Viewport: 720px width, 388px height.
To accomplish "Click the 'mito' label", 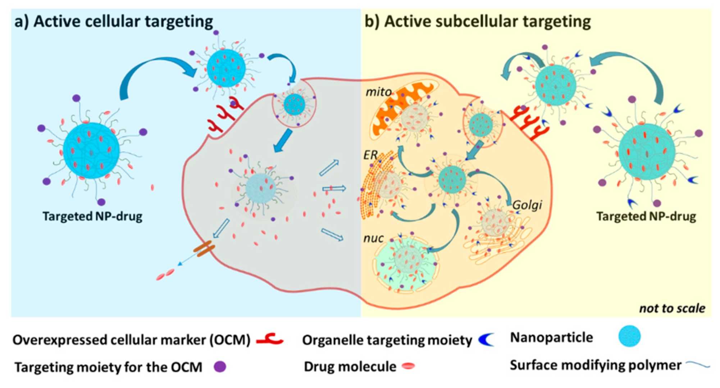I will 378,92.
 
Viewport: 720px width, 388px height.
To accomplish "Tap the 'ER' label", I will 370,155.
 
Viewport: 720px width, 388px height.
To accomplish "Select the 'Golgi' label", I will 527,205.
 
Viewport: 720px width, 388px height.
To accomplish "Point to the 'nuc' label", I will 373,238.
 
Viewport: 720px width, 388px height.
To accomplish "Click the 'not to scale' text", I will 671,308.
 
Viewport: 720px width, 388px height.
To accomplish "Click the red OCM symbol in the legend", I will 270,339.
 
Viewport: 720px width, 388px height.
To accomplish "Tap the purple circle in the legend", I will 220,367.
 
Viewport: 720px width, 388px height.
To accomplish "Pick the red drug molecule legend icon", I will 409,366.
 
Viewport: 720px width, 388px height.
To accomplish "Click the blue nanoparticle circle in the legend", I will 629,337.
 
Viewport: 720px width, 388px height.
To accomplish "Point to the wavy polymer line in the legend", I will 698,366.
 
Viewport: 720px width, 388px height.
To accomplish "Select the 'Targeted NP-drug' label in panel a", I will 92,216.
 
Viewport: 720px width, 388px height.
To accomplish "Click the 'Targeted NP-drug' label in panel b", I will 646,216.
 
